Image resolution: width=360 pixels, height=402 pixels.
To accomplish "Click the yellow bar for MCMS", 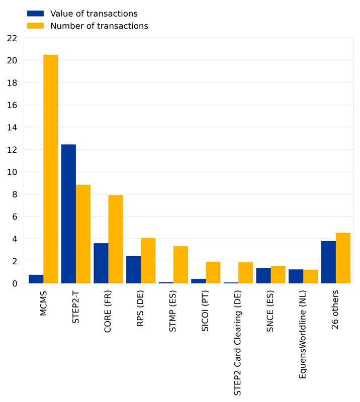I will click(x=50, y=169).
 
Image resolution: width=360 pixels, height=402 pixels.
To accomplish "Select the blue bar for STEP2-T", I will click(x=68, y=214).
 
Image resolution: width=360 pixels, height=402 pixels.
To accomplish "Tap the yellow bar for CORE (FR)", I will click(x=116, y=239).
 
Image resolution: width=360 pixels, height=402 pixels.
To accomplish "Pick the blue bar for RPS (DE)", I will click(x=133, y=270).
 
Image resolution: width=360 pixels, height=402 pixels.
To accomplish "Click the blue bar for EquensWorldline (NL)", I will click(x=296, y=276).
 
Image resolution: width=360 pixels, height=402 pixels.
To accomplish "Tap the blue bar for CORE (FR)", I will click(x=101, y=263).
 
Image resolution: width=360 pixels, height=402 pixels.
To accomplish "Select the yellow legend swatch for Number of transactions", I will click(x=35, y=26).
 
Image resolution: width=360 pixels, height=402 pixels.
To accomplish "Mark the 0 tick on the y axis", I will click(x=15, y=283).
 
